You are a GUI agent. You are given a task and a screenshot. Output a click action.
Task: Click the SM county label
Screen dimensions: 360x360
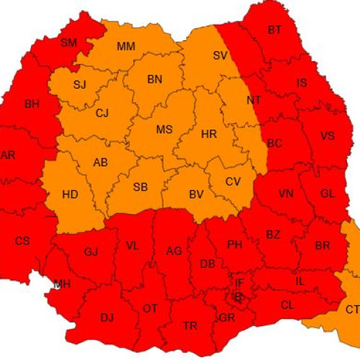click(x=68, y=42)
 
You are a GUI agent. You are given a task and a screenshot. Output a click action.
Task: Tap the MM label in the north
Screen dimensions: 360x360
click(x=126, y=47)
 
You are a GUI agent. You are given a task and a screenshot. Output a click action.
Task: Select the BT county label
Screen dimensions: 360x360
click(x=274, y=30)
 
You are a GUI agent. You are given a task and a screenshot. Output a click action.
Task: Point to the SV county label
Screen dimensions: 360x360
click(x=220, y=55)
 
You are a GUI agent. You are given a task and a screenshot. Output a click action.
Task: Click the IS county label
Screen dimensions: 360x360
click(x=302, y=83)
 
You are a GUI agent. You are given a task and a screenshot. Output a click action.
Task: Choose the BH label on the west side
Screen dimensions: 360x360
click(x=32, y=104)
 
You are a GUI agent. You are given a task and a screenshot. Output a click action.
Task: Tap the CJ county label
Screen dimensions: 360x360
click(x=102, y=112)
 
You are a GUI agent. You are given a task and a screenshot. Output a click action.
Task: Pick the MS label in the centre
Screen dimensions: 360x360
click(x=164, y=130)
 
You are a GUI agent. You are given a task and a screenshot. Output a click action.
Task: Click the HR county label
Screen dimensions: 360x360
click(x=209, y=134)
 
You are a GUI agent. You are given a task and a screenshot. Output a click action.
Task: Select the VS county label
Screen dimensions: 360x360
click(x=327, y=136)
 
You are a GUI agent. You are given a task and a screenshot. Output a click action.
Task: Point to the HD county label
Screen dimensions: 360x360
click(x=71, y=194)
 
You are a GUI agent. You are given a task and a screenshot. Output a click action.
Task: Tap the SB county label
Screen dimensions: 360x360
click(x=140, y=187)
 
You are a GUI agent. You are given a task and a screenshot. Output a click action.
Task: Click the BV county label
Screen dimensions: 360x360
click(x=195, y=194)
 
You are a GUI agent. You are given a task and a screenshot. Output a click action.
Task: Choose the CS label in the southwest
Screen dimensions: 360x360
click(x=22, y=240)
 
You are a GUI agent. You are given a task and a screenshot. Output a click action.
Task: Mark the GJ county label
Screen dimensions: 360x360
click(x=91, y=252)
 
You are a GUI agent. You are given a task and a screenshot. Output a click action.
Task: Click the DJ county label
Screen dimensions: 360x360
click(x=107, y=317)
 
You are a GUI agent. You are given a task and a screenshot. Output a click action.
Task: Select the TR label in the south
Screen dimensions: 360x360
click(x=190, y=326)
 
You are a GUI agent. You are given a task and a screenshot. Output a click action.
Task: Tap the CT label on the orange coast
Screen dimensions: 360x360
click(x=352, y=309)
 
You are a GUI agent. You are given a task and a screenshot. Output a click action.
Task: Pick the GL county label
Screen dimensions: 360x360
click(x=328, y=193)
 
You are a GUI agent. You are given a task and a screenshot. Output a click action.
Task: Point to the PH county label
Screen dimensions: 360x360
click(x=235, y=245)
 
